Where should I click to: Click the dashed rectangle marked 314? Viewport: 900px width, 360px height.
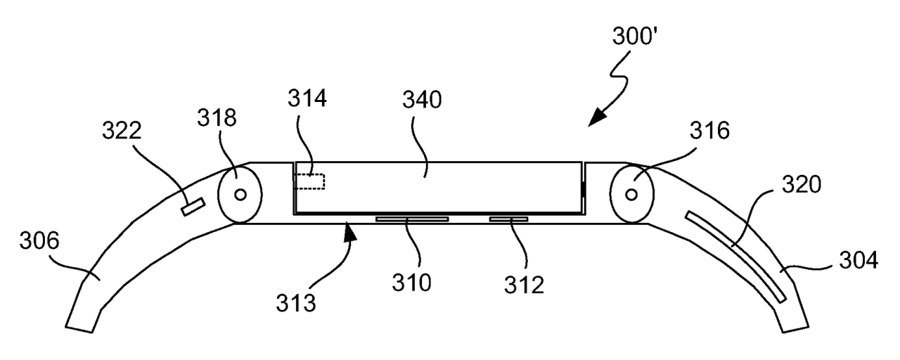pos(310,182)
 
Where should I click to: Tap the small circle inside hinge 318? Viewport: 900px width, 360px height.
pos(240,195)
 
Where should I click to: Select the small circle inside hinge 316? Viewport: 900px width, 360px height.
pos(631,195)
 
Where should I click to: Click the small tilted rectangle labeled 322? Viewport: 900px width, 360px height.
pos(193,207)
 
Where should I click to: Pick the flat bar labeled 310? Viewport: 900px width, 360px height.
pos(411,219)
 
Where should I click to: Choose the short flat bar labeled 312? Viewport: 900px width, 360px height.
pos(508,219)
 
